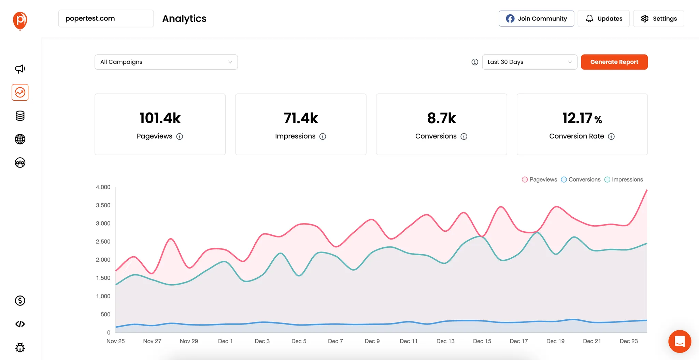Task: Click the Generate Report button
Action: [614, 62]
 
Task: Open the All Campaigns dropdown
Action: [166, 62]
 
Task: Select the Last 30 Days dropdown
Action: [529, 62]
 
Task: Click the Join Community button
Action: [536, 18]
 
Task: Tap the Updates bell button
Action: [603, 18]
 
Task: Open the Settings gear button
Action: [658, 18]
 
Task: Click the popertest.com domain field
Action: [106, 18]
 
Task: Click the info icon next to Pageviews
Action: [180, 136]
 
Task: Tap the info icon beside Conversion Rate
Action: [611, 136]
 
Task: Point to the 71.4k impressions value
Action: [301, 118]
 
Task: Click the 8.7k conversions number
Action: [441, 118]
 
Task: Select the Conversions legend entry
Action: [581, 179]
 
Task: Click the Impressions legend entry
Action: [624, 179]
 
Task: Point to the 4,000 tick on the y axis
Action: [103, 187]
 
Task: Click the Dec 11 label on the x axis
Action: [409, 341]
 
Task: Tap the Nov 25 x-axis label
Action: [115, 341]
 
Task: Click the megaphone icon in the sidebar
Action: [20, 69]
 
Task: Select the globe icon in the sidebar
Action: [20, 139]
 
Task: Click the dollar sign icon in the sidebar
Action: [20, 301]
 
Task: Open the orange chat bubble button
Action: [680, 341]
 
